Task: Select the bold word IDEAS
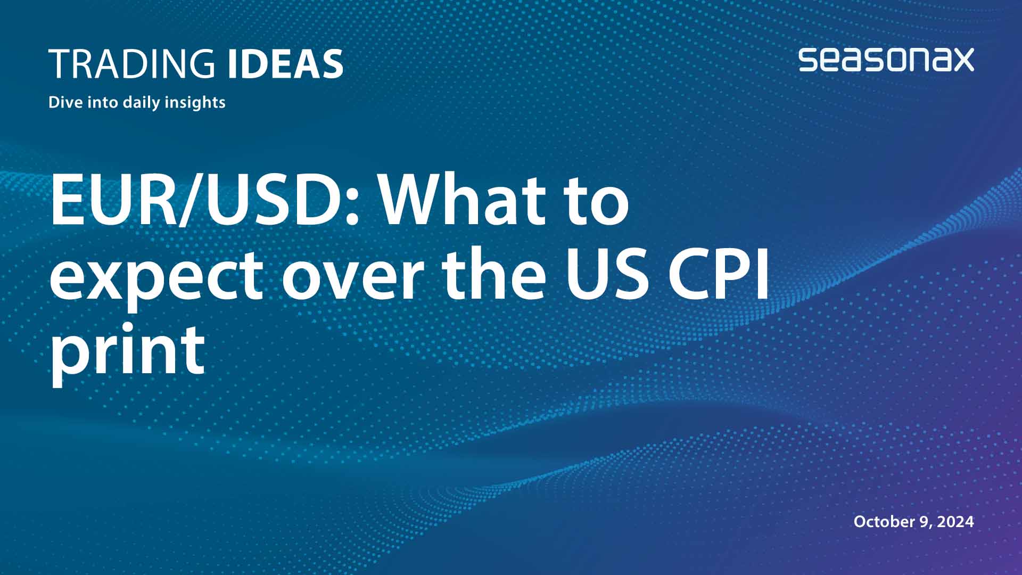[285, 64]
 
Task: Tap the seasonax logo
[886, 60]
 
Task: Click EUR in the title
[112, 201]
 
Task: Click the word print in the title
[128, 351]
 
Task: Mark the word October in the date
[884, 521]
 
